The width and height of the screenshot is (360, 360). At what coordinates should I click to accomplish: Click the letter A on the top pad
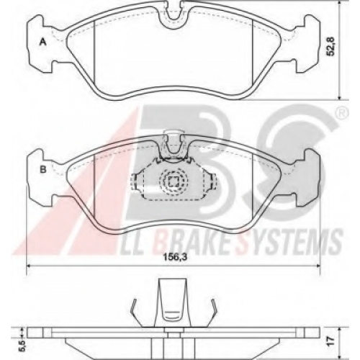(x=42, y=42)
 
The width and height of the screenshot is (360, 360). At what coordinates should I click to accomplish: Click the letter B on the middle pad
(x=43, y=169)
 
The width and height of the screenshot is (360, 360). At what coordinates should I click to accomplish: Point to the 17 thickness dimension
(x=331, y=340)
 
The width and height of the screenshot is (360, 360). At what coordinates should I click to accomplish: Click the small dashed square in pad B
(x=173, y=181)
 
